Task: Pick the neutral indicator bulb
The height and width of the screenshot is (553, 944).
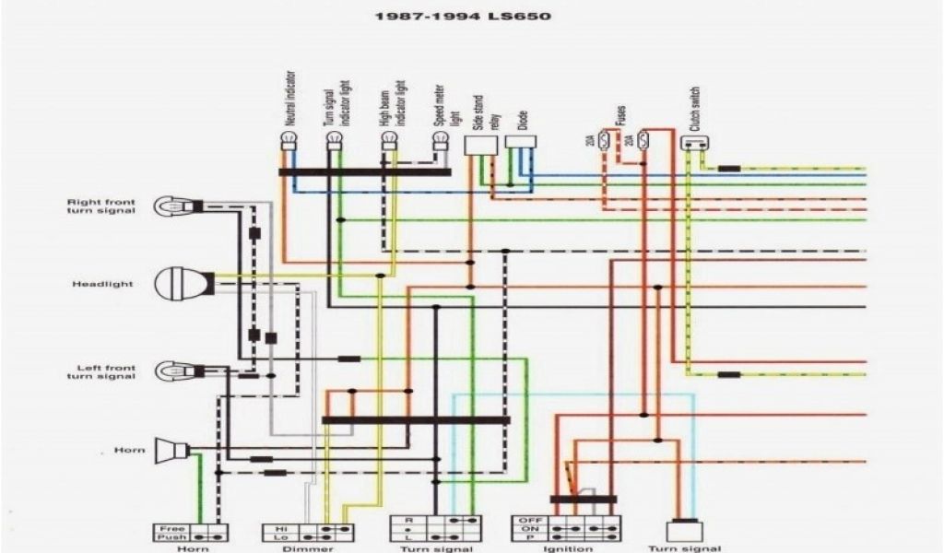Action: tap(288, 141)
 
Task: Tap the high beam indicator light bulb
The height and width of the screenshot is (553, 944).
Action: tap(389, 141)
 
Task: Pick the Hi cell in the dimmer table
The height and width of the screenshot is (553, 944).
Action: tap(280, 529)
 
